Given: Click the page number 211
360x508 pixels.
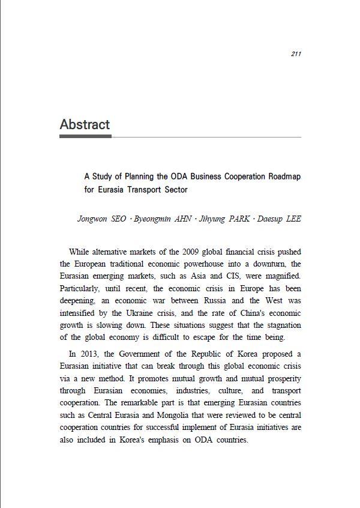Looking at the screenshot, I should pos(295,54).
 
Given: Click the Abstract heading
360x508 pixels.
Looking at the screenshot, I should pos(85,125).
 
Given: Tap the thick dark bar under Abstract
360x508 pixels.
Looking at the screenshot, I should pos(85,136).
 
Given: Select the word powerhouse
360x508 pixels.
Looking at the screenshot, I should pos(215,264).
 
